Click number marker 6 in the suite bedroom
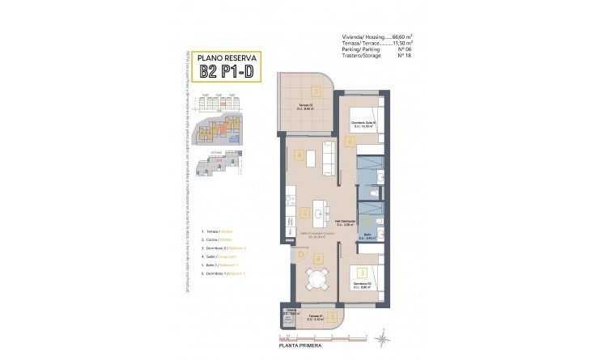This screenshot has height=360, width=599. (350, 142)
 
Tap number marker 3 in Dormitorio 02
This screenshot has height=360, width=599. (363, 273)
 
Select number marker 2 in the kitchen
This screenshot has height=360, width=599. (304, 214)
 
